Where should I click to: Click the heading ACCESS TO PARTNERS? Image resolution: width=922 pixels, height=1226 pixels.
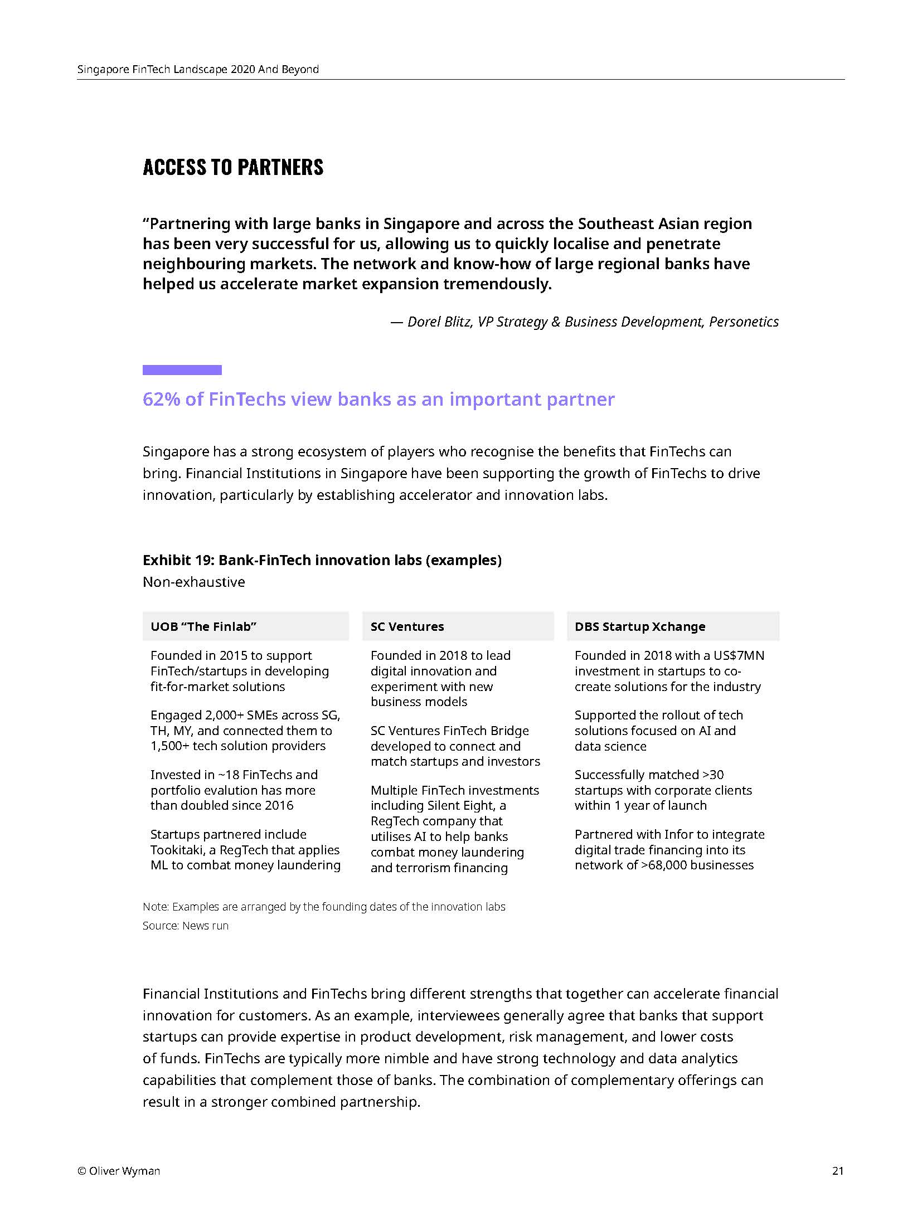pos(232,167)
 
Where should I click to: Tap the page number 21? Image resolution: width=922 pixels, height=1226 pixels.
pos(837,1171)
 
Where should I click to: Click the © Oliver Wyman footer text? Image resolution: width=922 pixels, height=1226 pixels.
pos(119,1171)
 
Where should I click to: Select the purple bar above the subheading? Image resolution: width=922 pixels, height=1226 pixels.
pos(182,370)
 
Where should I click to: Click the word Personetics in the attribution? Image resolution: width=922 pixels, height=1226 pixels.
pos(744,322)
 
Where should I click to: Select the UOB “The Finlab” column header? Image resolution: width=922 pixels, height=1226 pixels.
pos(203,626)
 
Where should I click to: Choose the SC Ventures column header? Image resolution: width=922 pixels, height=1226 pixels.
pos(407,626)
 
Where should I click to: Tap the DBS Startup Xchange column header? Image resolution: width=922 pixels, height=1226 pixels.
pos(639,626)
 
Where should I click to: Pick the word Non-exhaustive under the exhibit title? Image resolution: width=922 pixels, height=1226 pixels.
pos(193,582)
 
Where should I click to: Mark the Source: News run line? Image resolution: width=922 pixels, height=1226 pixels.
pos(186,926)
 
